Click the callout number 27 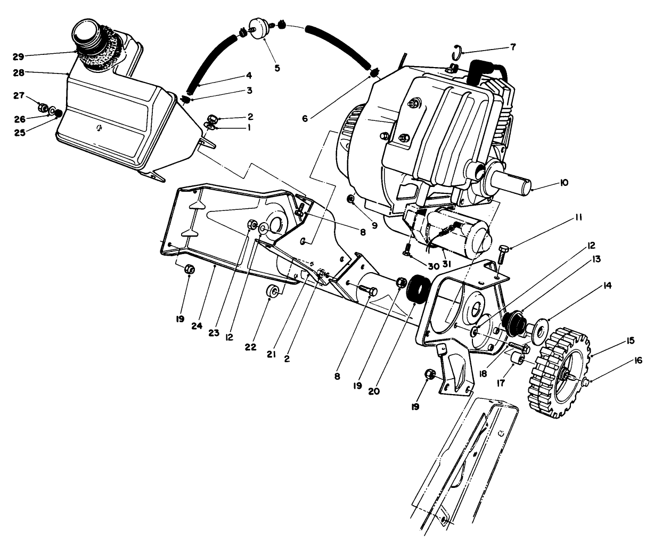[19, 95]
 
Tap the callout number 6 [305, 118]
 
